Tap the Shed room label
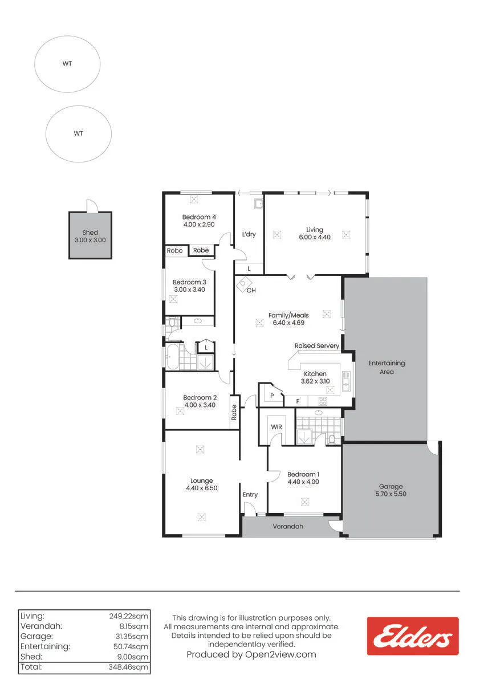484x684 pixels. pyautogui.click(x=90, y=233)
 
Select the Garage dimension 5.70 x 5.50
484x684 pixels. pyautogui.click(x=391, y=494)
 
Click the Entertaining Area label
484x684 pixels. pyautogui.click(x=387, y=367)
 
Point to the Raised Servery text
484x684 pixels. pyautogui.click(x=316, y=345)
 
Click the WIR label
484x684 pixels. pyautogui.click(x=276, y=427)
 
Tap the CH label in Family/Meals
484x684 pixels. pyautogui.click(x=251, y=290)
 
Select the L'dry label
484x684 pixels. pyautogui.click(x=249, y=234)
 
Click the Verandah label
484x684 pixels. pyautogui.click(x=288, y=527)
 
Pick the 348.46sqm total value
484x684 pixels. pyautogui.click(x=128, y=667)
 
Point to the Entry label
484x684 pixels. pyautogui.click(x=250, y=495)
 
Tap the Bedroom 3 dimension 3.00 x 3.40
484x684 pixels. pyautogui.click(x=189, y=290)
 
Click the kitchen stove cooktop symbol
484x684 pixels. pyautogui.click(x=323, y=401)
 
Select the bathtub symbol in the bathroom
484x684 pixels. pyautogui.click(x=172, y=357)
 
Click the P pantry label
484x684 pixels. pyautogui.click(x=272, y=396)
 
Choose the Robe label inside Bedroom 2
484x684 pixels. pyautogui.click(x=234, y=412)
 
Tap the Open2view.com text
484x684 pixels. pyautogui.click(x=280, y=654)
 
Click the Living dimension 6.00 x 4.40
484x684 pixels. pyautogui.click(x=315, y=237)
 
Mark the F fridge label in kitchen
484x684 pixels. pyautogui.click(x=298, y=401)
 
